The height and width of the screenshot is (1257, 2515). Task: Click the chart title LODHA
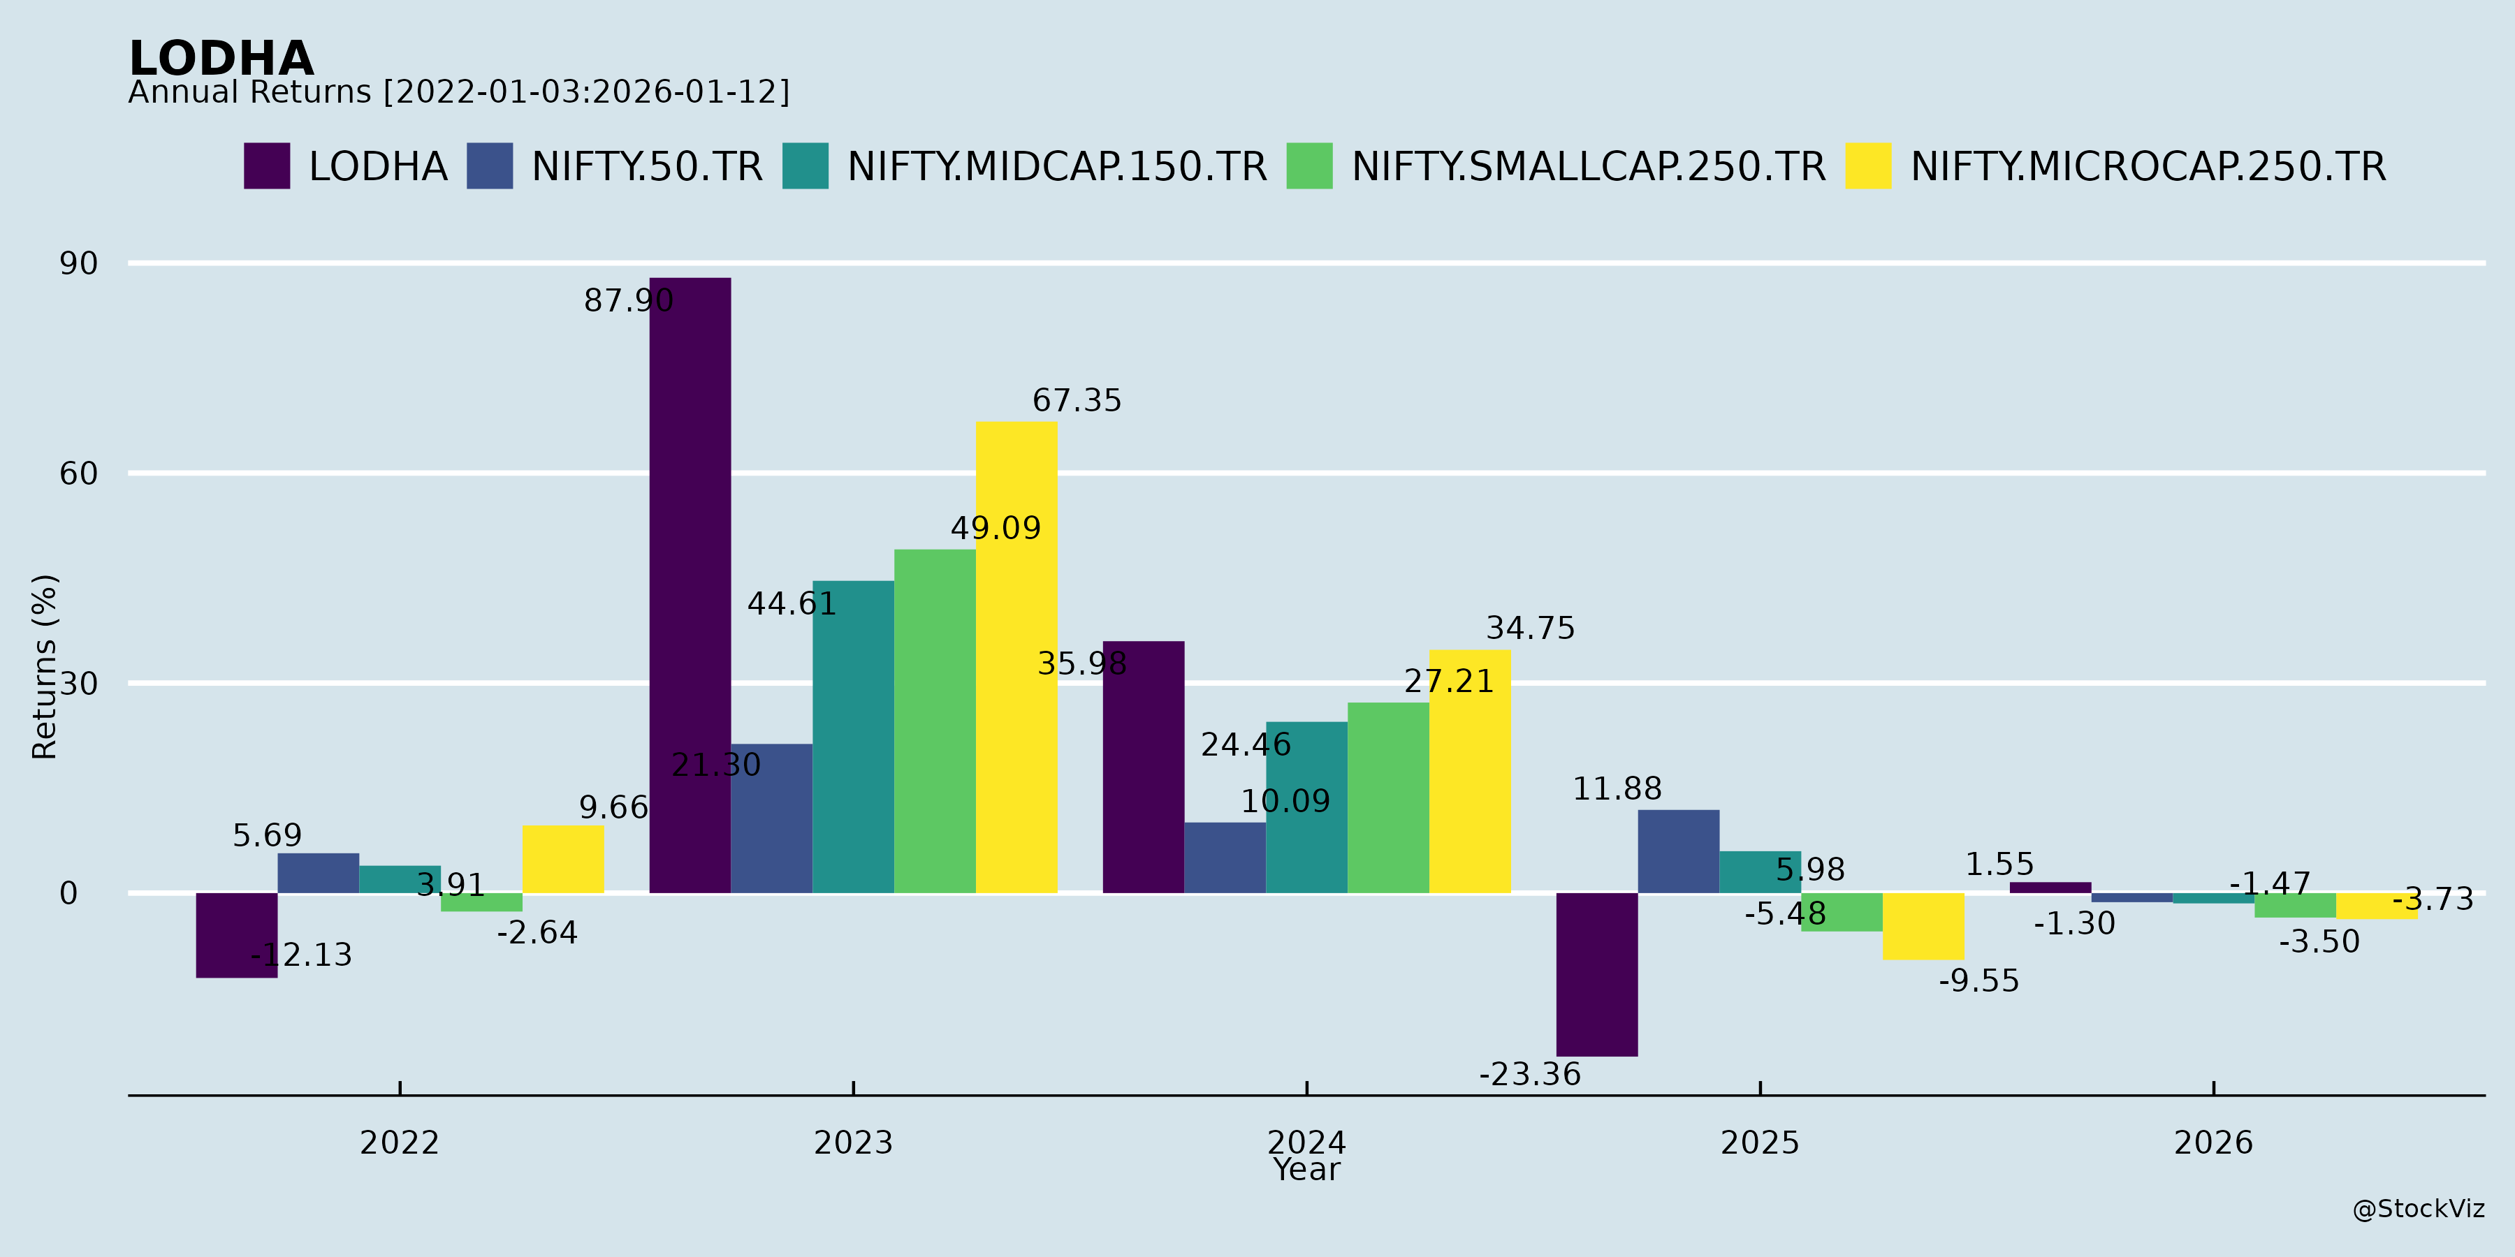tap(221, 59)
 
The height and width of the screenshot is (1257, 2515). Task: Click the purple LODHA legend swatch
tap(267, 166)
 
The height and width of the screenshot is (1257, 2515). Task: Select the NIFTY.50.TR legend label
tap(646, 167)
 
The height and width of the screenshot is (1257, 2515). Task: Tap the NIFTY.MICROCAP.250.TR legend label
tap(2148, 167)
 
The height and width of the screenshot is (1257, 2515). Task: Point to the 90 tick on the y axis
tap(78, 263)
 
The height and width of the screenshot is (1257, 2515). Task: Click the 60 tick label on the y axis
tap(78, 473)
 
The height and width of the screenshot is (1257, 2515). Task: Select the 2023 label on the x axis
tap(853, 1142)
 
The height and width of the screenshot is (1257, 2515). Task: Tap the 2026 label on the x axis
tap(2213, 1142)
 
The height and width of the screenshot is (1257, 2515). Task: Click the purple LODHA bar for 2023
tap(690, 586)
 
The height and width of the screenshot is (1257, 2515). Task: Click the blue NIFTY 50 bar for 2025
tap(1678, 851)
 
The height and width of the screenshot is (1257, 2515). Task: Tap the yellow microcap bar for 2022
tap(562, 859)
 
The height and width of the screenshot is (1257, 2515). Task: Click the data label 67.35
tap(1077, 400)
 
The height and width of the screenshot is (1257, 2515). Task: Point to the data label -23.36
tap(1529, 1075)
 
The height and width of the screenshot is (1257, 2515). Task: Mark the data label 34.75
tap(1530, 628)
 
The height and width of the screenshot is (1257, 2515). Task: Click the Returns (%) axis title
tap(45, 667)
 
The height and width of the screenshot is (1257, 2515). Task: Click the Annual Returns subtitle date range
tap(586, 91)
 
